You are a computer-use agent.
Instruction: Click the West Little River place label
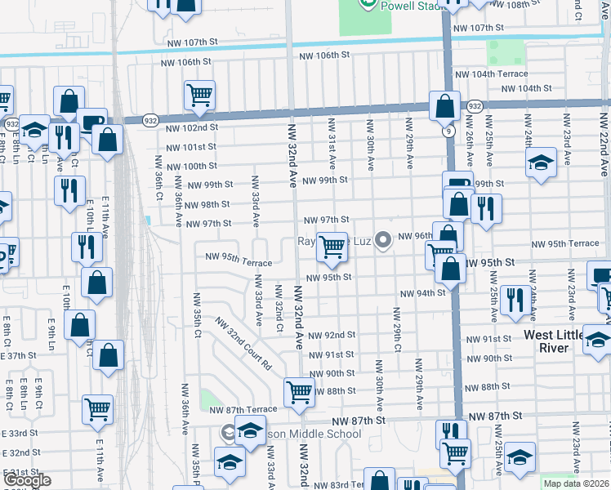(558, 341)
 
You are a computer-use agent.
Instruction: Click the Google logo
(26, 480)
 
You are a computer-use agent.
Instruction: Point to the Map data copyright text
(576, 483)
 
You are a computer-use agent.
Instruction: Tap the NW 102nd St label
(192, 127)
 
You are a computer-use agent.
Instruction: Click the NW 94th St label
(422, 292)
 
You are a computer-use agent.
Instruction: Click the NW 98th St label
(207, 204)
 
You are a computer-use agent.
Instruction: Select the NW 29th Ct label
(396, 326)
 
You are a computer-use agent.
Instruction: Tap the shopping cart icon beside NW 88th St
(300, 392)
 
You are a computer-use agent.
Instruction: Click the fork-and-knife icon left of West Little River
(514, 299)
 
